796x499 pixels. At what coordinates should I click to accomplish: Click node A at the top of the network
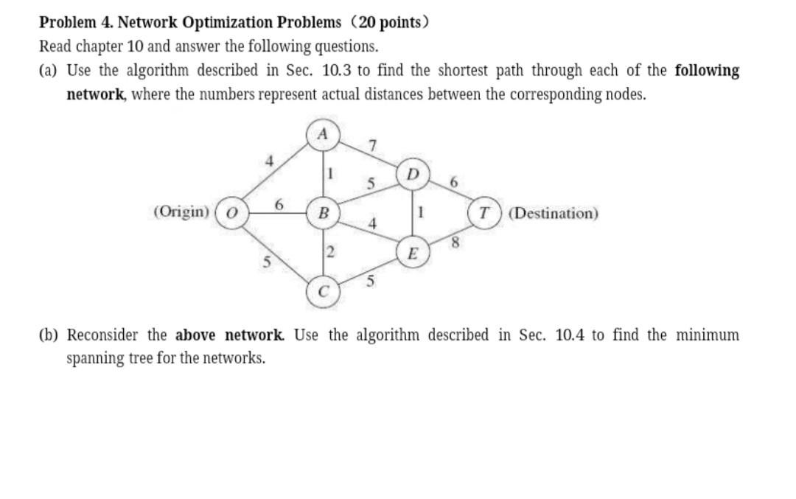(x=322, y=134)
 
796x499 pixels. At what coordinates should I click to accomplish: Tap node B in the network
(x=322, y=214)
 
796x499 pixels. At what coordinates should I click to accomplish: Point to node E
(x=411, y=254)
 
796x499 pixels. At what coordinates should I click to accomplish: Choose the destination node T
(x=483, y=214)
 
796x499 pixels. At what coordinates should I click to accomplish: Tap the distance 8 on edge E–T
(x=455, y=244)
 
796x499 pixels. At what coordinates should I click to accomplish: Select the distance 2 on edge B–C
(x=330, y=253)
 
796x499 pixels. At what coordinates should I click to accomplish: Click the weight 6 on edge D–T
(x=453, y=182)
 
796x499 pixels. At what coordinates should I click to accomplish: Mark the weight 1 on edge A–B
(x=331, y=174)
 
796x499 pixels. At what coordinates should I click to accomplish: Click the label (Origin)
(x=182, y=212)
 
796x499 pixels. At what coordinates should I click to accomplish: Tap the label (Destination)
(x=554, y=214)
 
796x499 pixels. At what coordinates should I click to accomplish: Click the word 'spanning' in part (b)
(x=94, y=359)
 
